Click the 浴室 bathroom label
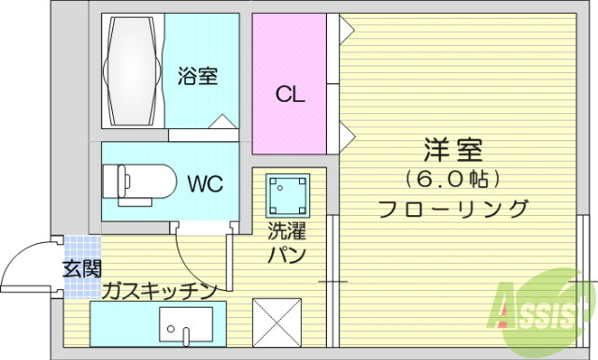coord(198,76)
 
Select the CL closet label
coord(288,94)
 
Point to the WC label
coord(205,182)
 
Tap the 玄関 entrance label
coord(81,270)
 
